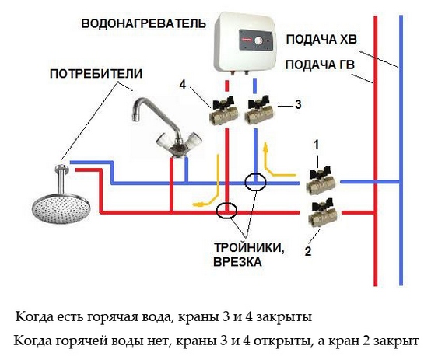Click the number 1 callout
[x=316, y=145]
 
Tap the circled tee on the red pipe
[x=227, y=211]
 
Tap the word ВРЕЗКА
[x=238, y=264]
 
